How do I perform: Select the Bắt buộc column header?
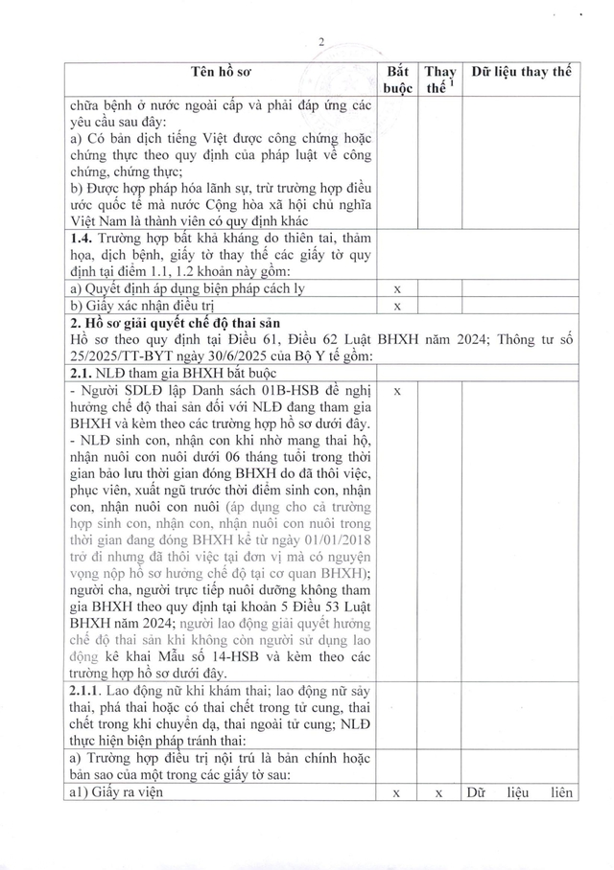tap(397, 80)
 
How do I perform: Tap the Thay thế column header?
tap(440, 80)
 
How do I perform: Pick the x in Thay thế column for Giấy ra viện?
tap(438, 792)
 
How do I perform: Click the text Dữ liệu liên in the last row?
tap(519, 792)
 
